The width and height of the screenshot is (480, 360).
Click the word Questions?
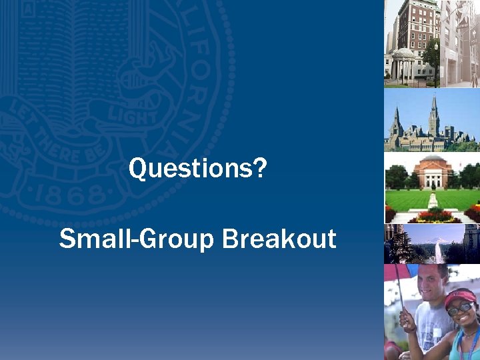[x=197, y=169]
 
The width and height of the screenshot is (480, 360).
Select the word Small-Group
[x=137, y=238]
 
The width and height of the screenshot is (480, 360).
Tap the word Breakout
[x=279, y=238]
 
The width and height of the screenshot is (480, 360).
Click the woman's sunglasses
[x=459, y=309]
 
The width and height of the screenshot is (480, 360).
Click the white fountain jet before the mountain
[x=438, y=251]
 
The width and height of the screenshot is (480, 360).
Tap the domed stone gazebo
[x=403, y=64]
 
